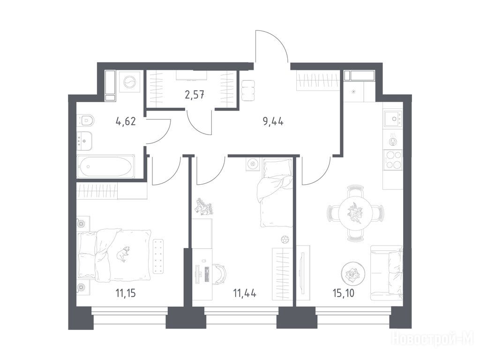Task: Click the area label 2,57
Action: (195, 95)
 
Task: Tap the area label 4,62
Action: (126, 122)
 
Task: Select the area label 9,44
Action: (273, 122)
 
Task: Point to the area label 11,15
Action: (126, 293)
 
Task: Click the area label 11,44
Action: (245, 293)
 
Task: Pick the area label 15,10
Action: (344, 293)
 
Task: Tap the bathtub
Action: (106, 166)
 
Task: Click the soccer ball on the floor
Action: (285, 239)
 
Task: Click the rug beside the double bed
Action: (158, 256)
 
